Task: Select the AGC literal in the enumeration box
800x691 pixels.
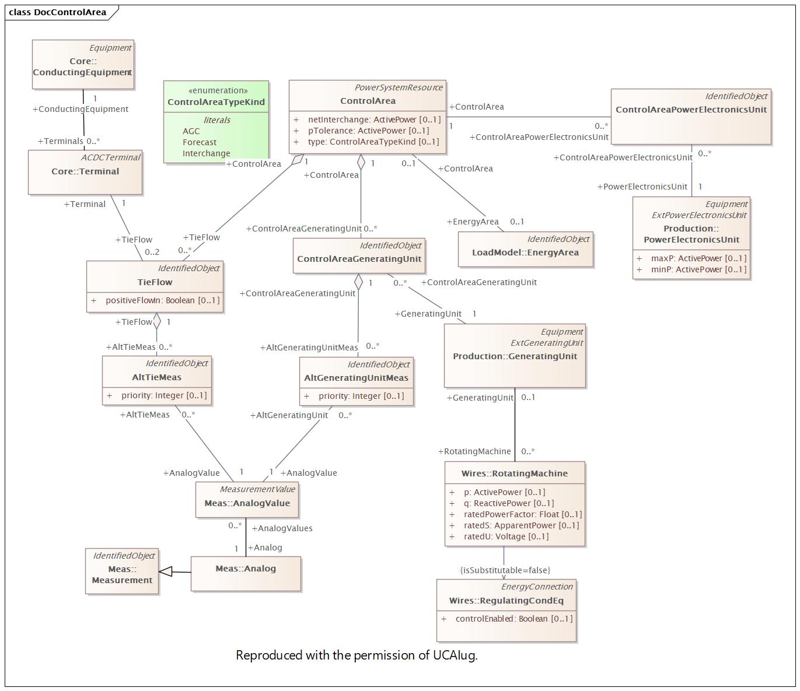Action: point(191,131)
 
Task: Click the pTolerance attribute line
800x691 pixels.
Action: point(368,131)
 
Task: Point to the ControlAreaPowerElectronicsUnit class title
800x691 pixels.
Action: point(691,110)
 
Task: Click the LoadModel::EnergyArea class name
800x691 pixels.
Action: point(525,252)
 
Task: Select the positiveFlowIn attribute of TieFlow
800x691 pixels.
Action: point(162,300)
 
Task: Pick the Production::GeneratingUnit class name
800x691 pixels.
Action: point(515,356)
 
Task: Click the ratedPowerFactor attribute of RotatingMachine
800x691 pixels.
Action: point(522,514)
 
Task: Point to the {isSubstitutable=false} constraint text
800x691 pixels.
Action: point(505,570)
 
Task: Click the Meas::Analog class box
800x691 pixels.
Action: point(246,573)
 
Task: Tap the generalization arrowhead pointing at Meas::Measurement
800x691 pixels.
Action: point(166,571)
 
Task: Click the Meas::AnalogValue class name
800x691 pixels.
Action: point(247,503)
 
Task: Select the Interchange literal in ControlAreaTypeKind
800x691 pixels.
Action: point(206,153)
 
